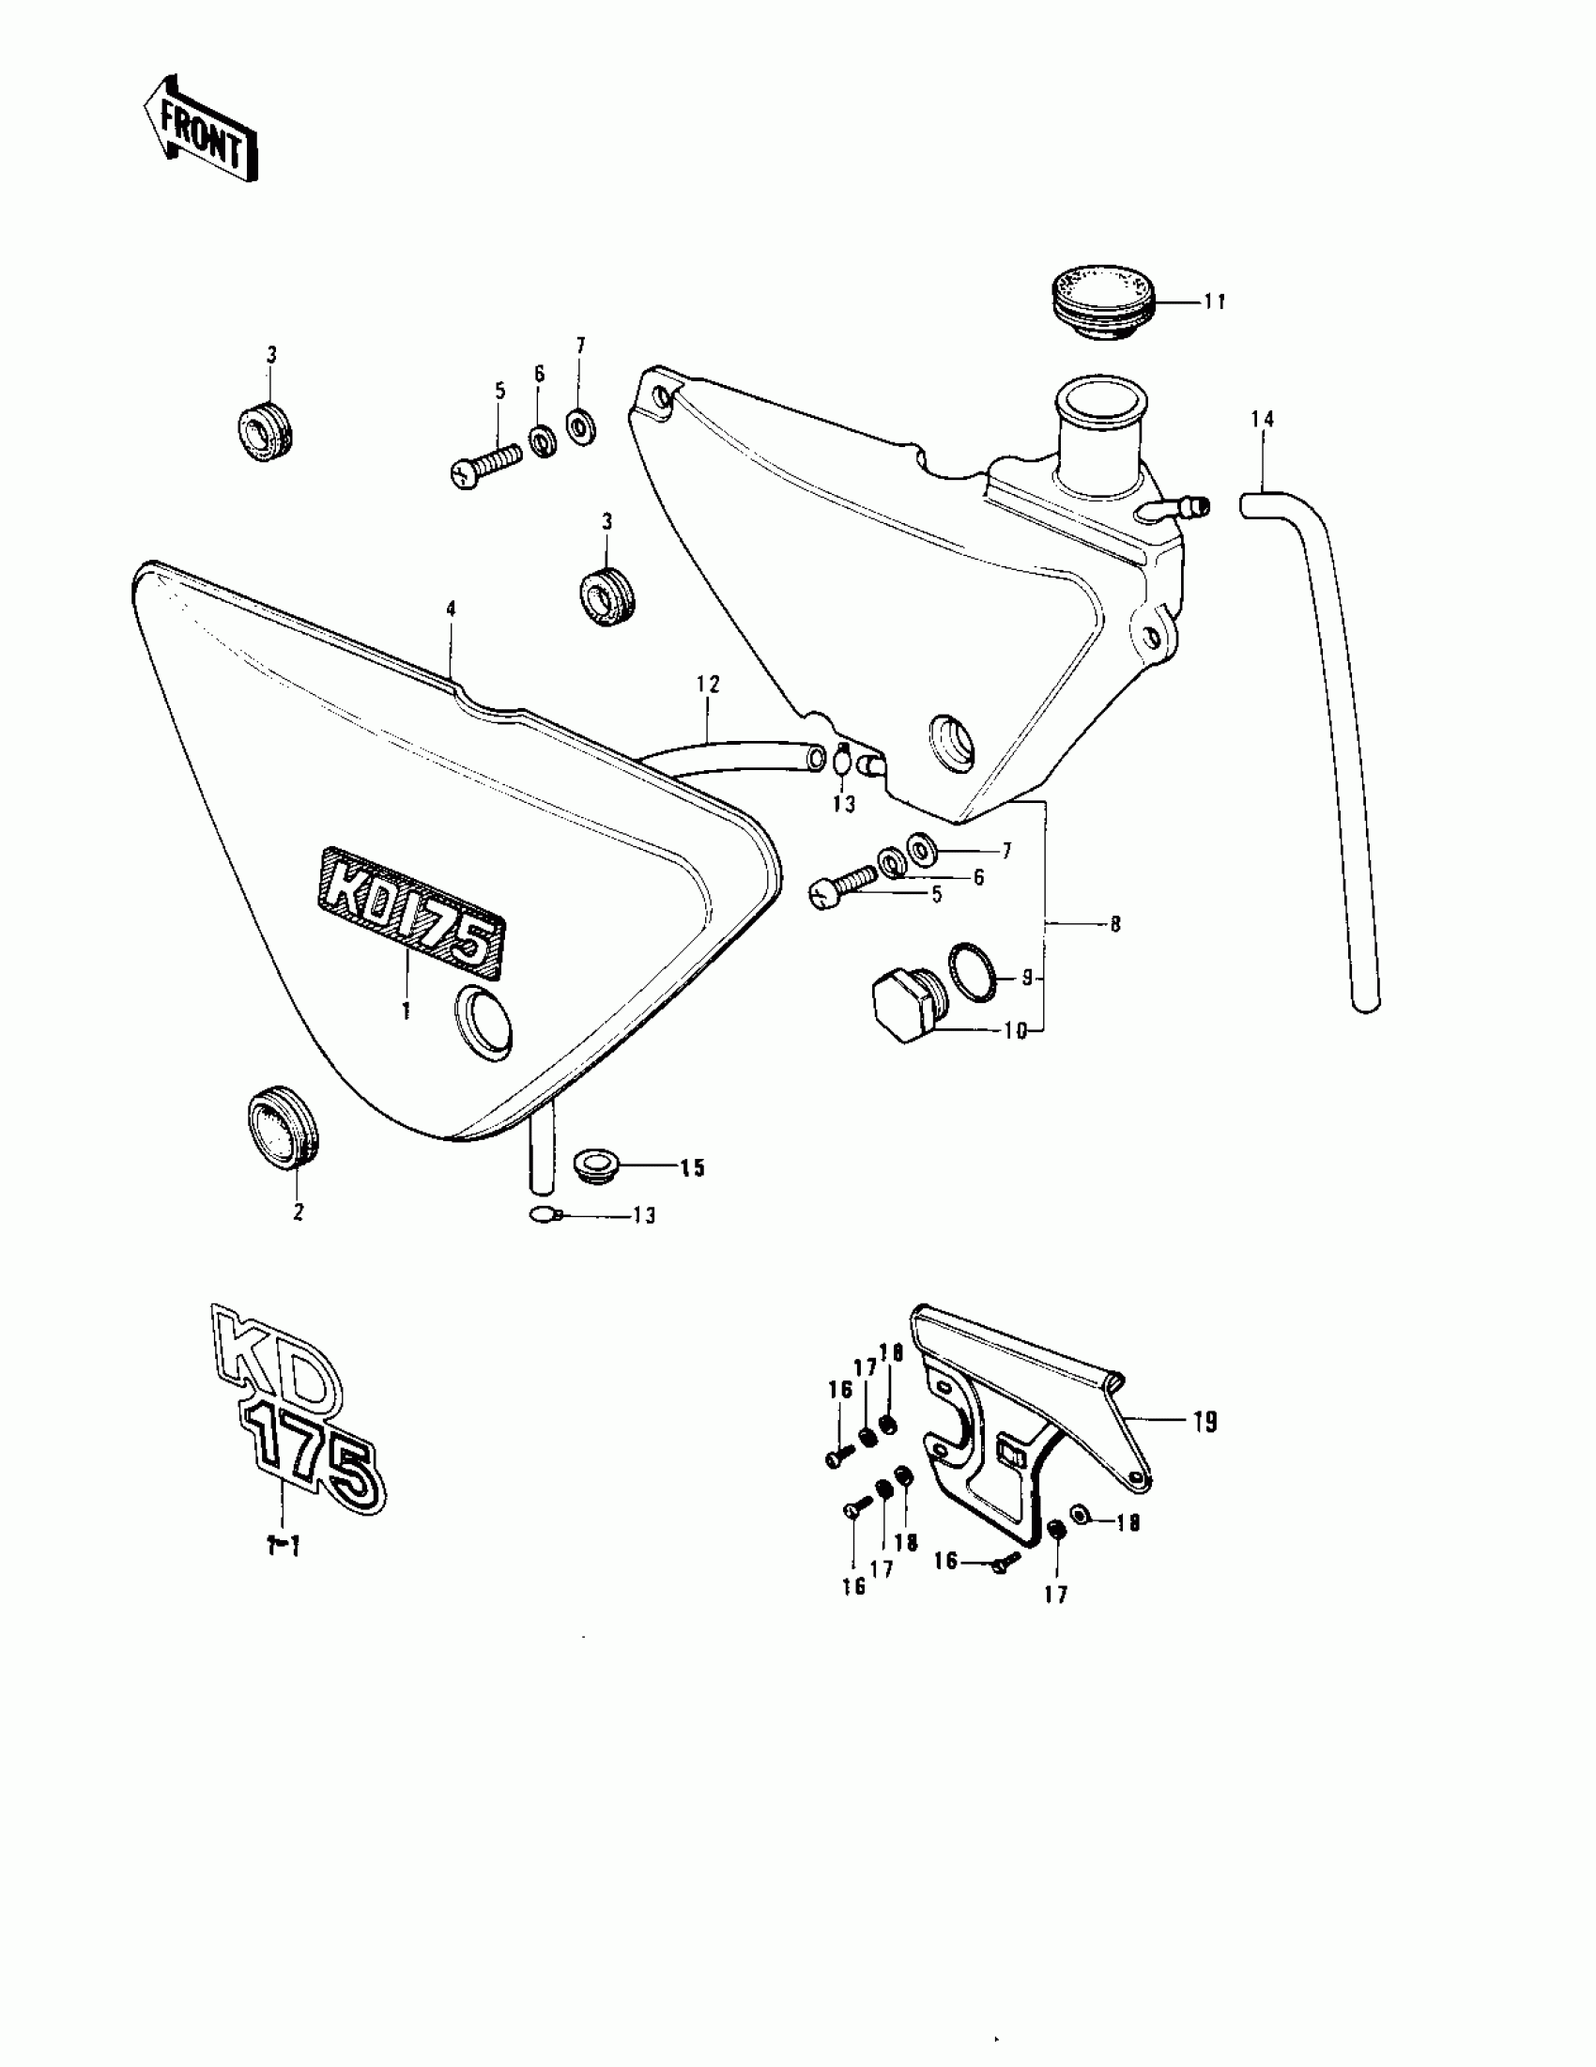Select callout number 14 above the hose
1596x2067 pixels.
tap(1262, 418)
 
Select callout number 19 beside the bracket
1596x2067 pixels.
tap(1205, 1448)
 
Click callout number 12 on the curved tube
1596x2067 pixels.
tap(709, 684)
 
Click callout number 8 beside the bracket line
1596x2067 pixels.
tap(1115, 924)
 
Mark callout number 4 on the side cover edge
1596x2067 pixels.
tap(452, 609)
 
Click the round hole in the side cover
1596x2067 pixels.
tap(484, 1020)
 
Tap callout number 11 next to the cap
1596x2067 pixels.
tap(1215, 301)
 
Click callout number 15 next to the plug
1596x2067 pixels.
tap(693, 1168)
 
